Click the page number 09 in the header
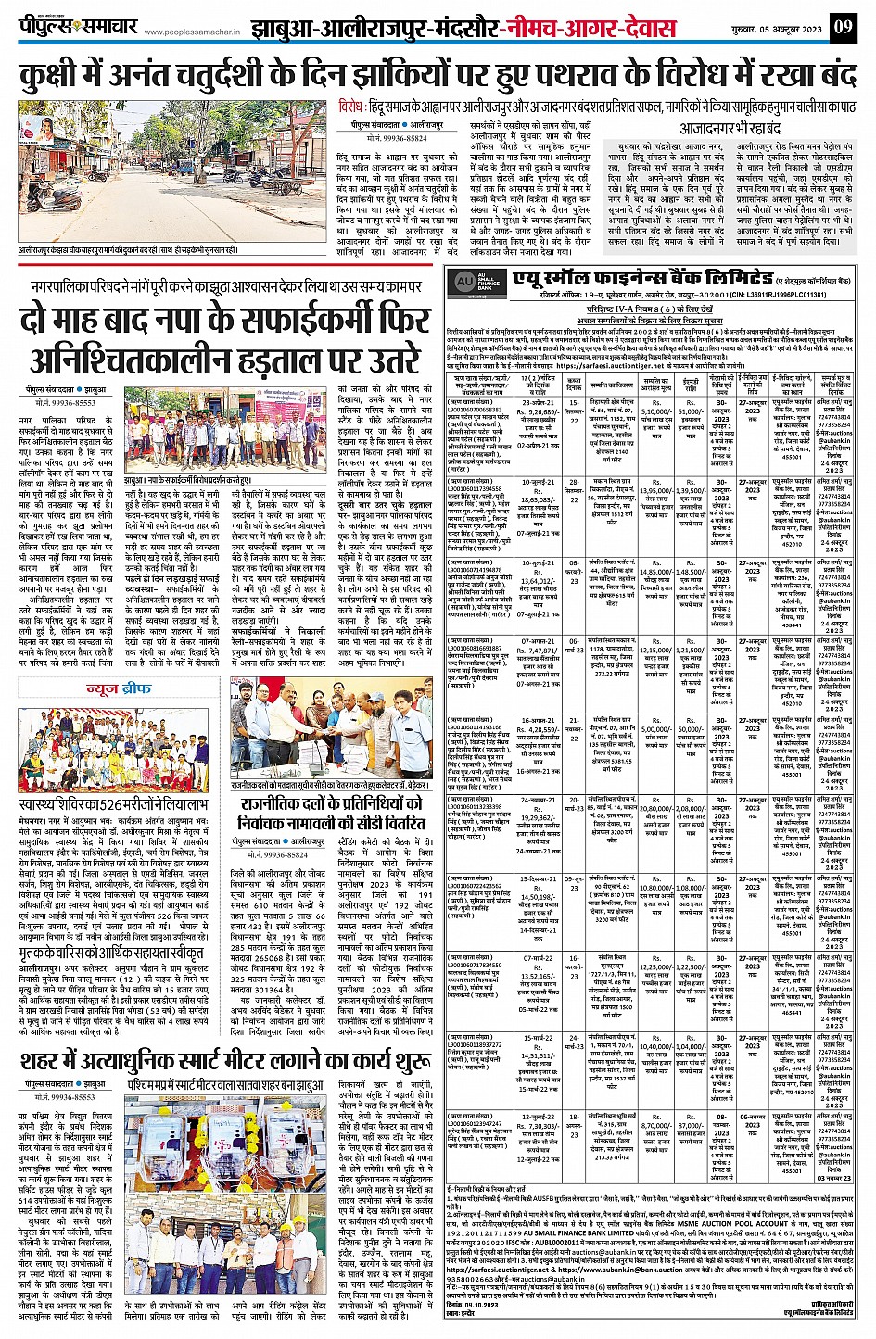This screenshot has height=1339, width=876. tap(844, 27)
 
